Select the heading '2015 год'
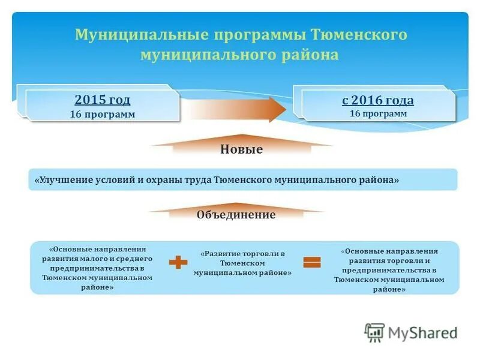tap(102, 100)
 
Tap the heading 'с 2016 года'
tap(378, 100)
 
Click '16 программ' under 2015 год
tap(102, 114)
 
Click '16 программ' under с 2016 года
tap(378, 113)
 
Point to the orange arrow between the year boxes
tap(234, 109)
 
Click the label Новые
tap(241, 149)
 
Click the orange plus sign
tap(178, 262)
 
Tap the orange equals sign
tap(311, 262)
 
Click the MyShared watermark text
tap(422, 332)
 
